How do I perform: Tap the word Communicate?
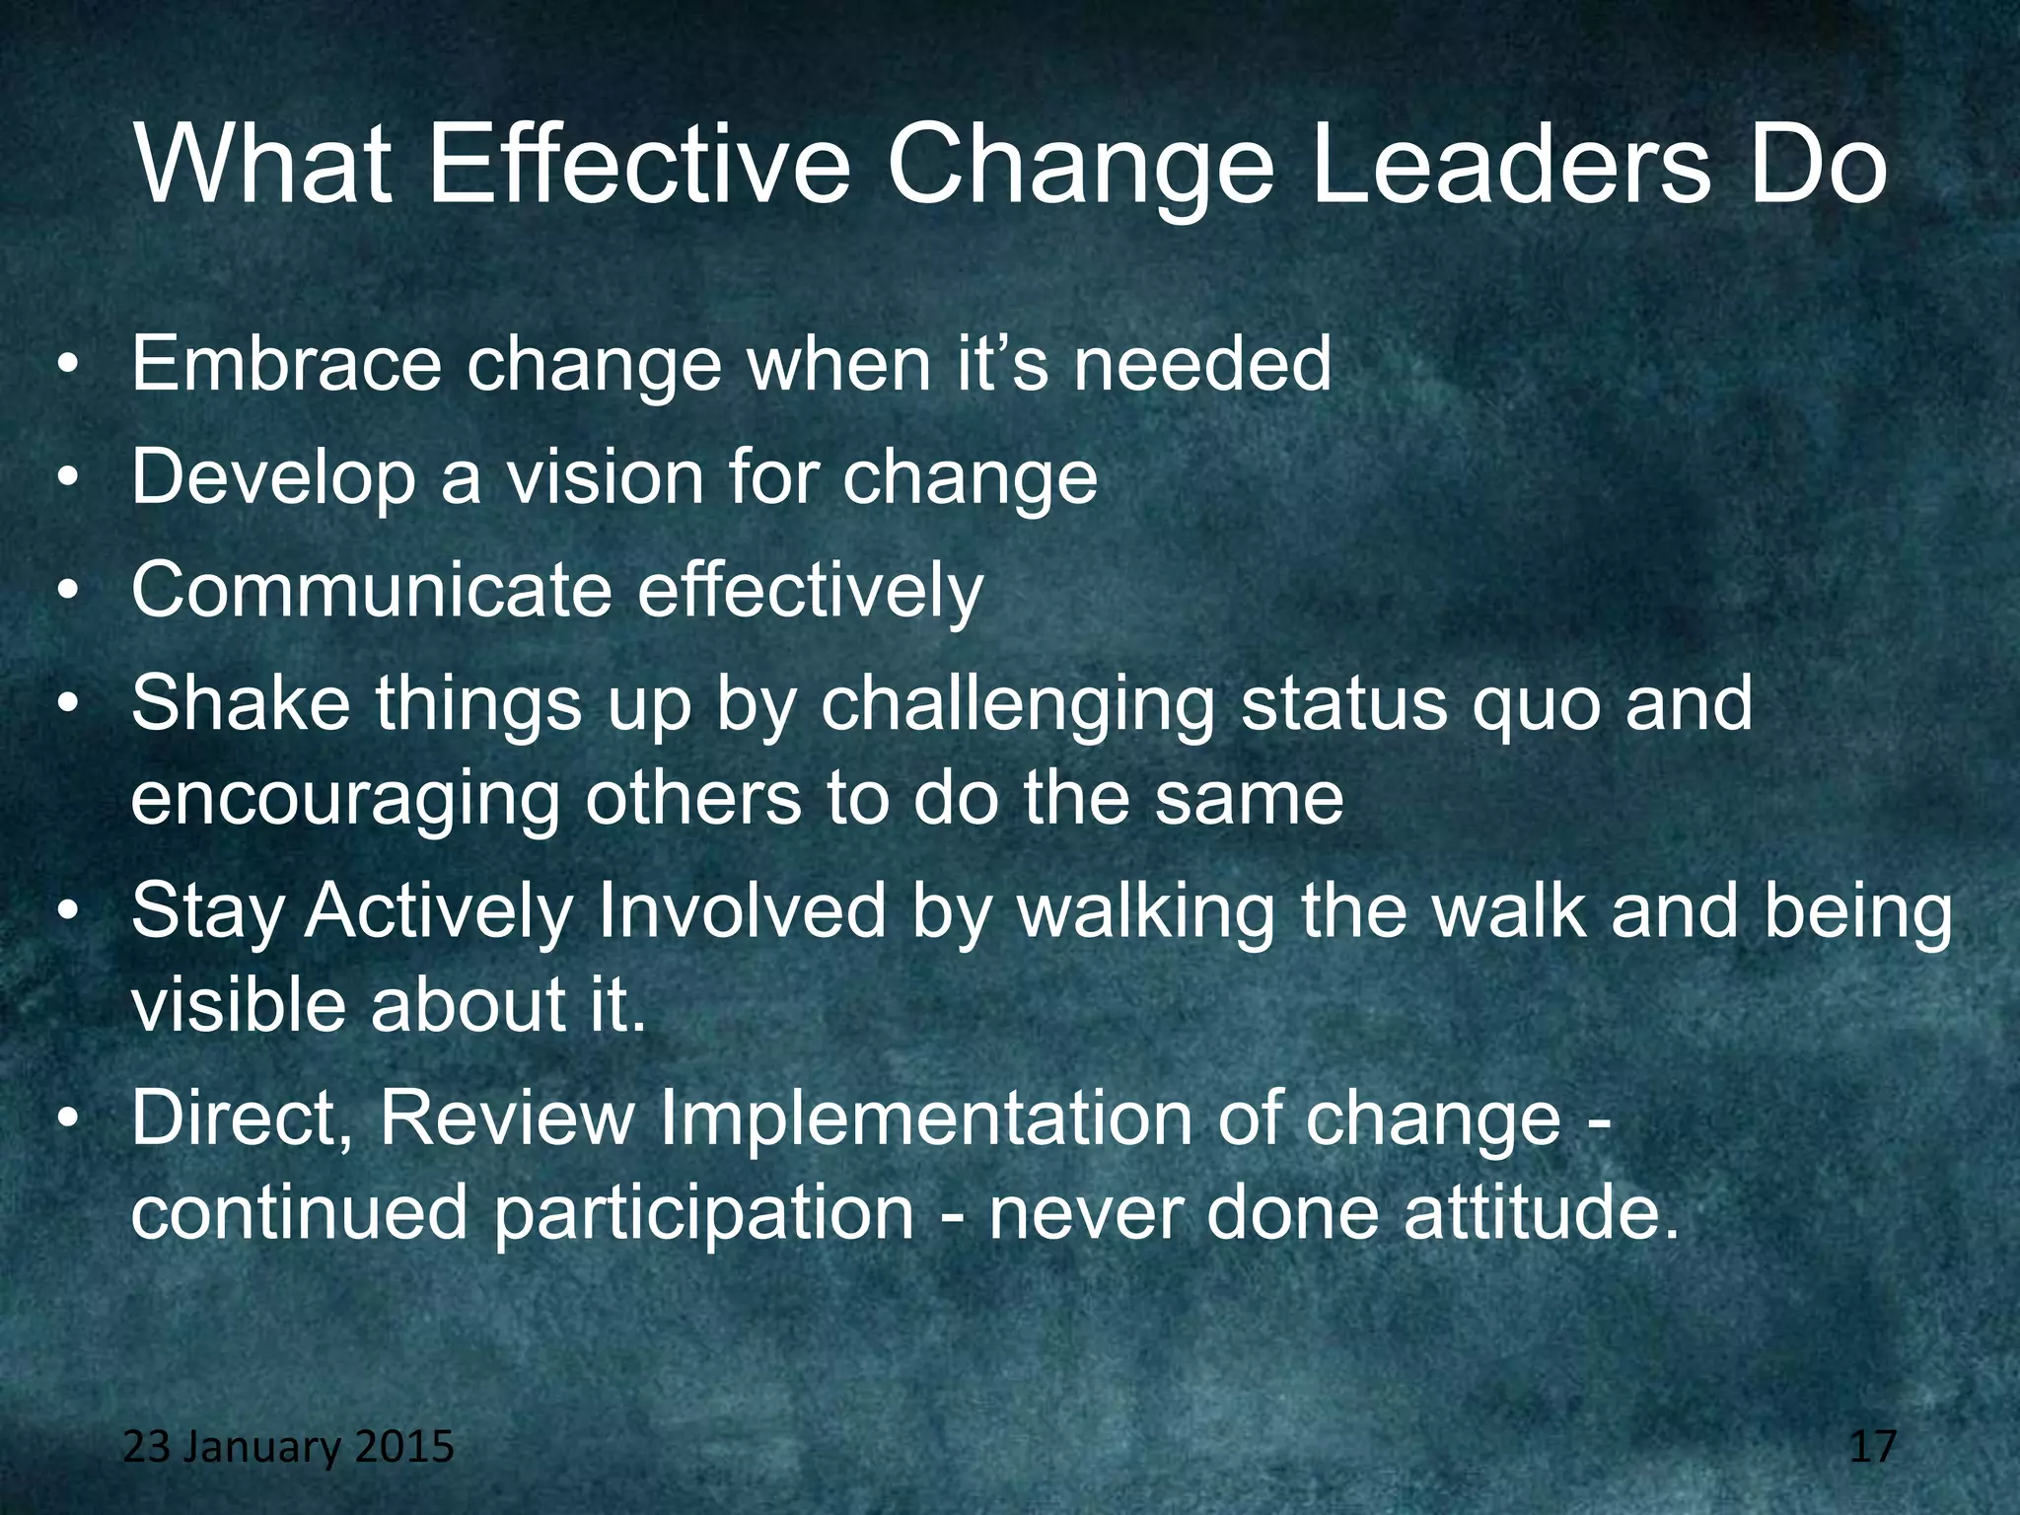[x=371, y=591]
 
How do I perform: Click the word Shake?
[x=240, y=704]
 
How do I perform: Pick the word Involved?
[x=742, y=911]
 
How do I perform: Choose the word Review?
[x=508, y=1118]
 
